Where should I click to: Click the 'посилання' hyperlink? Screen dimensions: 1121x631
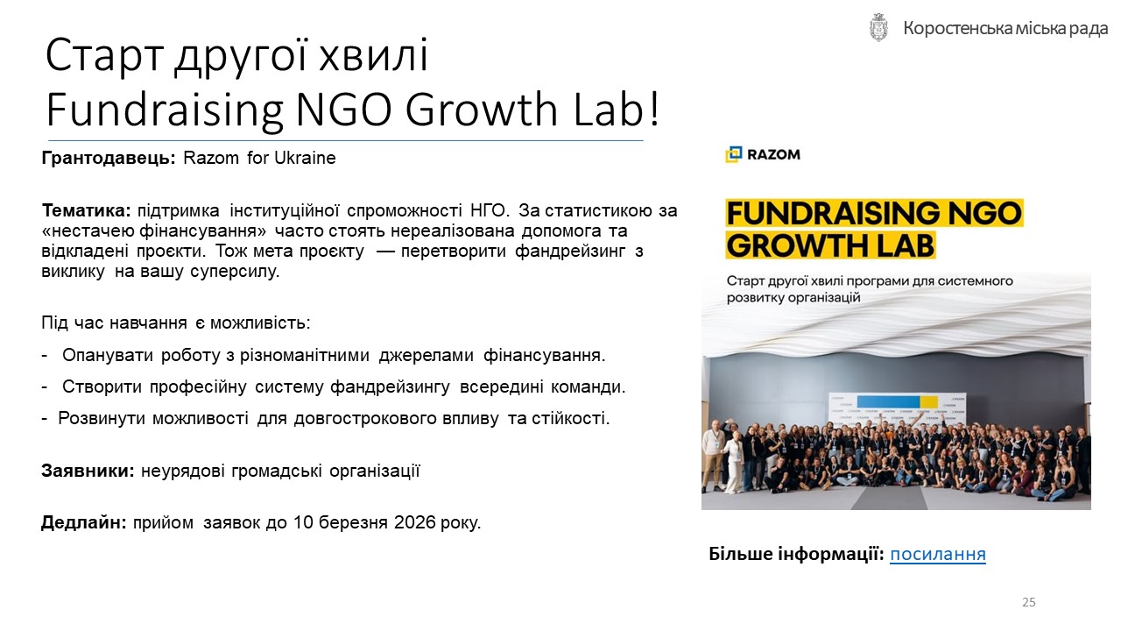click(x=937, y=554)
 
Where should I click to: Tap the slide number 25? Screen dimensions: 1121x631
click(x=1029, y=602)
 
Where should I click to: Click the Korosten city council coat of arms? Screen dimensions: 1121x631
click(x=878, y=27)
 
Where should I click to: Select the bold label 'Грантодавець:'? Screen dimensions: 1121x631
click(x=109, y=159)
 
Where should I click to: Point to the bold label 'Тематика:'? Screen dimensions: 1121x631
click(x=86, y=210)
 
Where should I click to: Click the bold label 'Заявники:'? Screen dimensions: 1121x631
click(x=88, y=471)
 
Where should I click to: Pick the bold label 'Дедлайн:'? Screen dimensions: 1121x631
click(x=84, y=522)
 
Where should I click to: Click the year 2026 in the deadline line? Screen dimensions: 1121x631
click(x=414, y=522)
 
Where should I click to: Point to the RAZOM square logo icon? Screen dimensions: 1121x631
click(x=734, y=154)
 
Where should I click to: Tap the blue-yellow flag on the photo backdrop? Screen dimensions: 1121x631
click(x=898, y=401)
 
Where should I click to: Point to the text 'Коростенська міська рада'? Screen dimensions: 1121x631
click(x=1005, y=29)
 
